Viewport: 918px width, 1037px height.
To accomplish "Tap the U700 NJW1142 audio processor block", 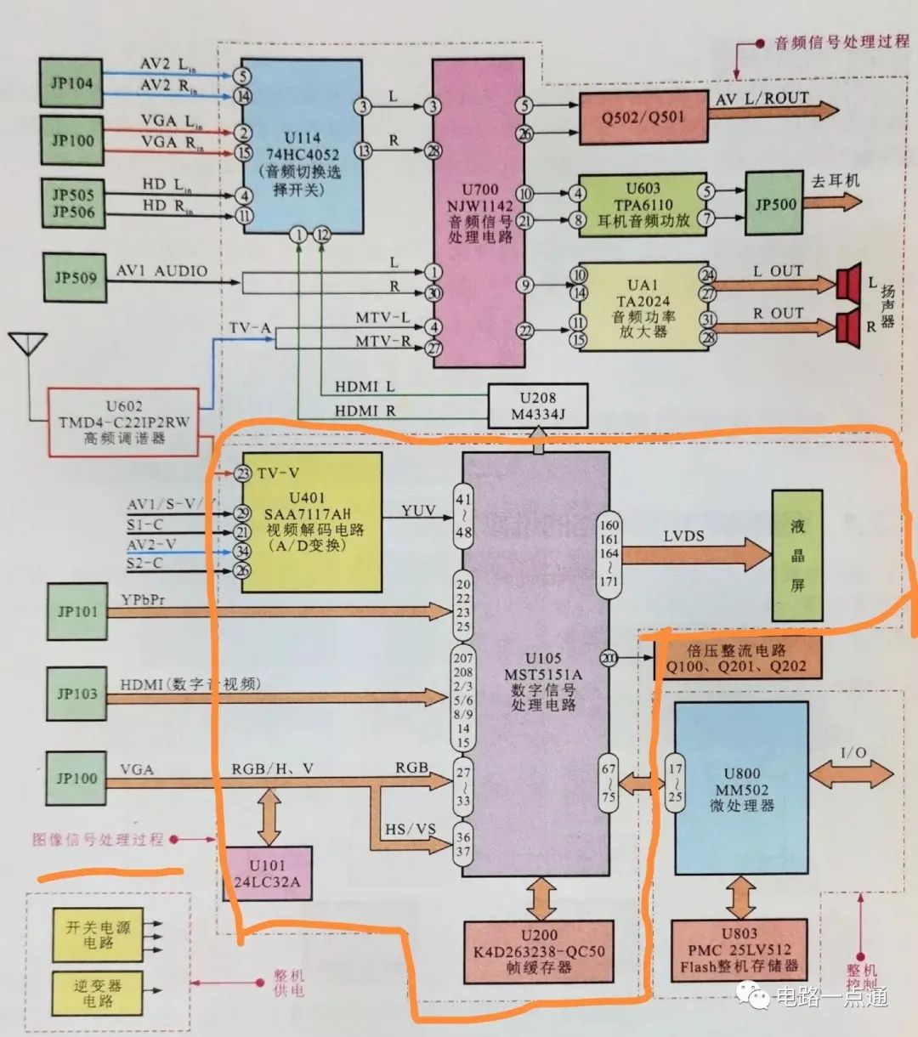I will (481, 212).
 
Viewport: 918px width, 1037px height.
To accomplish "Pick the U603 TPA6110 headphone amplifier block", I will (643, 205).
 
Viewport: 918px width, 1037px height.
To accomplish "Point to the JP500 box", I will (775, 205).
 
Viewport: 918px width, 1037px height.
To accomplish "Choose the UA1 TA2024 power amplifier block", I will (643, 307).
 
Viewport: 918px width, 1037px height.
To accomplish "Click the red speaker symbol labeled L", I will (847, 283).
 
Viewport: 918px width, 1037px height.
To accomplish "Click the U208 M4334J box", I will (537, 406).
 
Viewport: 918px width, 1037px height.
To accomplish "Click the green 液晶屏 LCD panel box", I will (796, 555).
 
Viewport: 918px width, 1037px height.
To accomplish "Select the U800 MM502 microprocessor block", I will (740, 788).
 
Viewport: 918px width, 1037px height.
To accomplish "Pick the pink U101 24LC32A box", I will (267, 874).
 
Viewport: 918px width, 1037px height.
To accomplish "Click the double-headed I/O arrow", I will (851, 773).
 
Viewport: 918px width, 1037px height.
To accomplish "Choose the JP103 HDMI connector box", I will (77, 694).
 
